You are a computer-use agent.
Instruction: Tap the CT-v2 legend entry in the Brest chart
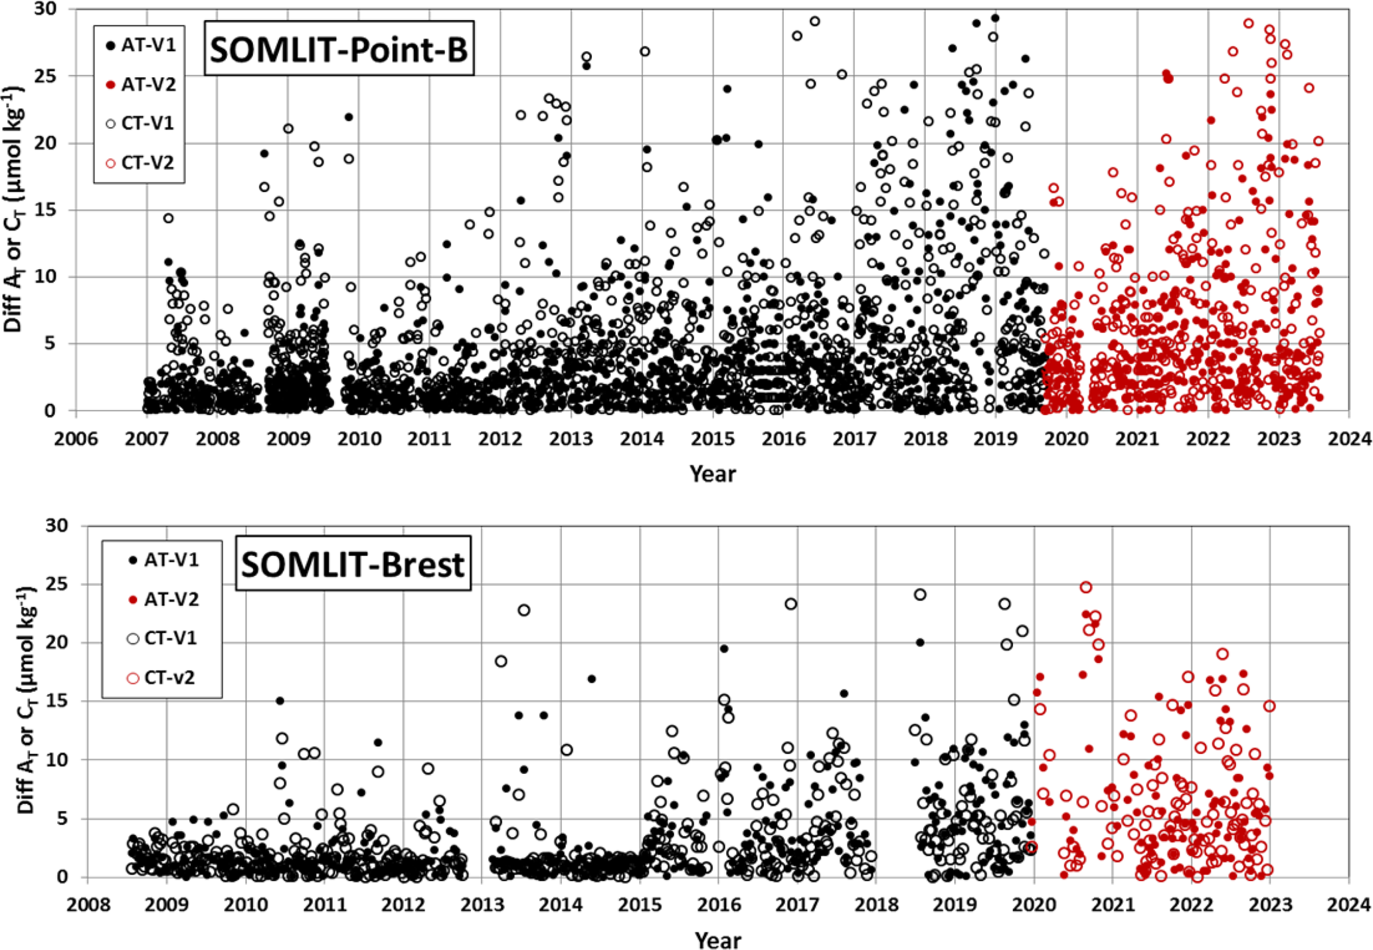coord(163,678)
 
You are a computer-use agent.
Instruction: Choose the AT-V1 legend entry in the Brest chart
coord(163,560)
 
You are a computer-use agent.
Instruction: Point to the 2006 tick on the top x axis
coord(76,439)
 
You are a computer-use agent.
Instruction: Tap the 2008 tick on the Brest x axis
coord(87,905)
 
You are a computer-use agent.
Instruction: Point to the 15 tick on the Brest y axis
coord(58,702)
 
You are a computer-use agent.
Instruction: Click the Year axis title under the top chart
coord(713,474)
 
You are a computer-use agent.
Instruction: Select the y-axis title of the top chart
coord(18,209)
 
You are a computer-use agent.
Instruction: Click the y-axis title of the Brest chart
coord(27,701)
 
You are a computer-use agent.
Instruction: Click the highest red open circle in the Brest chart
coord(1086,587)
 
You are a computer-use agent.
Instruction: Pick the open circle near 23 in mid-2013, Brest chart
coord(524,610)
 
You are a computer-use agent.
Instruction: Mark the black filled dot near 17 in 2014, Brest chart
coord(591,679)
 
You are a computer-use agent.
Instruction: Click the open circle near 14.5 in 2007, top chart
coord(169,218)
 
